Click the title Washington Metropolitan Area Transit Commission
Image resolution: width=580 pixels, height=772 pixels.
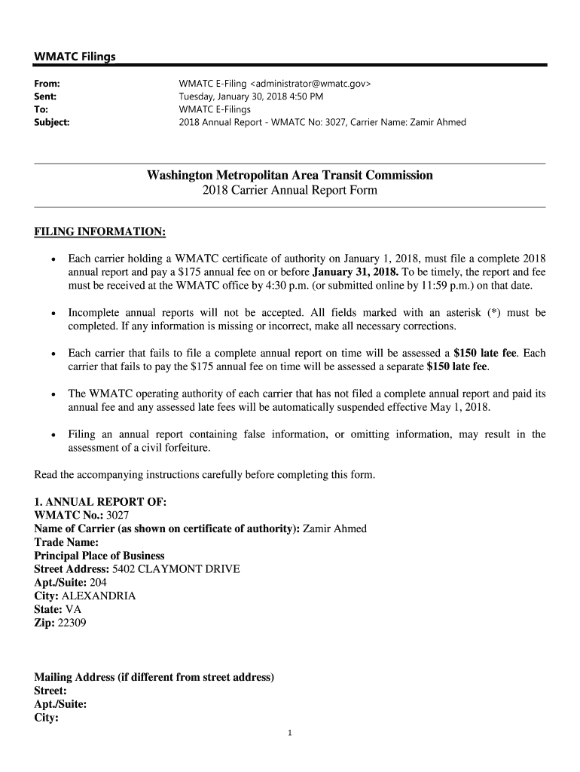290,176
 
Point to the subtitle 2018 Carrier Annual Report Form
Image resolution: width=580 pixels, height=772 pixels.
290,191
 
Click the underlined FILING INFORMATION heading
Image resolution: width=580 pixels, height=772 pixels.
100,231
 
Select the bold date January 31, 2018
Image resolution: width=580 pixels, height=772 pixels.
355,271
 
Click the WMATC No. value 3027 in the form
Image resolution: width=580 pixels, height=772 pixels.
118,515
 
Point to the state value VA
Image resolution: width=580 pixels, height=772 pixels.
73,610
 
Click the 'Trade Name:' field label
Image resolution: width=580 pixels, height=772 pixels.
66,542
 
